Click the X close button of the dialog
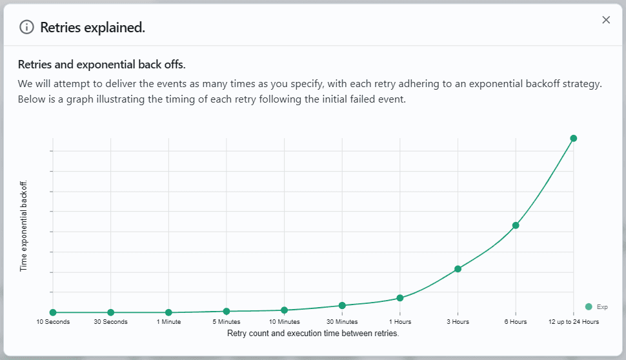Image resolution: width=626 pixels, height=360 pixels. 606,20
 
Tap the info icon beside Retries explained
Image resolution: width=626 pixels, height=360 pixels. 26,27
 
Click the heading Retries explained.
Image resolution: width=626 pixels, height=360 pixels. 92,27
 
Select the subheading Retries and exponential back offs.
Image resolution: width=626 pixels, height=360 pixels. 102,65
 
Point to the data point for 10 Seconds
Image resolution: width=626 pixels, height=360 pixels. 53,313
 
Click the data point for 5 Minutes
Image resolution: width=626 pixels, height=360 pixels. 227,312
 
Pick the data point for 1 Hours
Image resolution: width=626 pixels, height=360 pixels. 400,297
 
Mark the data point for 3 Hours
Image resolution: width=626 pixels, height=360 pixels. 458,268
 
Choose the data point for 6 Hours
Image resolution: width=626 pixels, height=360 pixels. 516,225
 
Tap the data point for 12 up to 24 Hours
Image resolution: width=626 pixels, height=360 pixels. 573,138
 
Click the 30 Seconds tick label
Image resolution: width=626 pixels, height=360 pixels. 111,322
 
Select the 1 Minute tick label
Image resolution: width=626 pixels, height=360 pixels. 168,322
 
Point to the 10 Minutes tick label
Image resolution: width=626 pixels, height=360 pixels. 285,322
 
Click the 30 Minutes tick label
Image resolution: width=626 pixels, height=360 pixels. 342,322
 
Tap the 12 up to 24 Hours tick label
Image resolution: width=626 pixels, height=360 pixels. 574,322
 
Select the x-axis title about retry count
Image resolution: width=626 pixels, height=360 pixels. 313,334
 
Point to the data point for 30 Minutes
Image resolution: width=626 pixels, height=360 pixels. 342,305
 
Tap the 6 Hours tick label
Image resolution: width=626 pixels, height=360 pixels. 516,322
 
